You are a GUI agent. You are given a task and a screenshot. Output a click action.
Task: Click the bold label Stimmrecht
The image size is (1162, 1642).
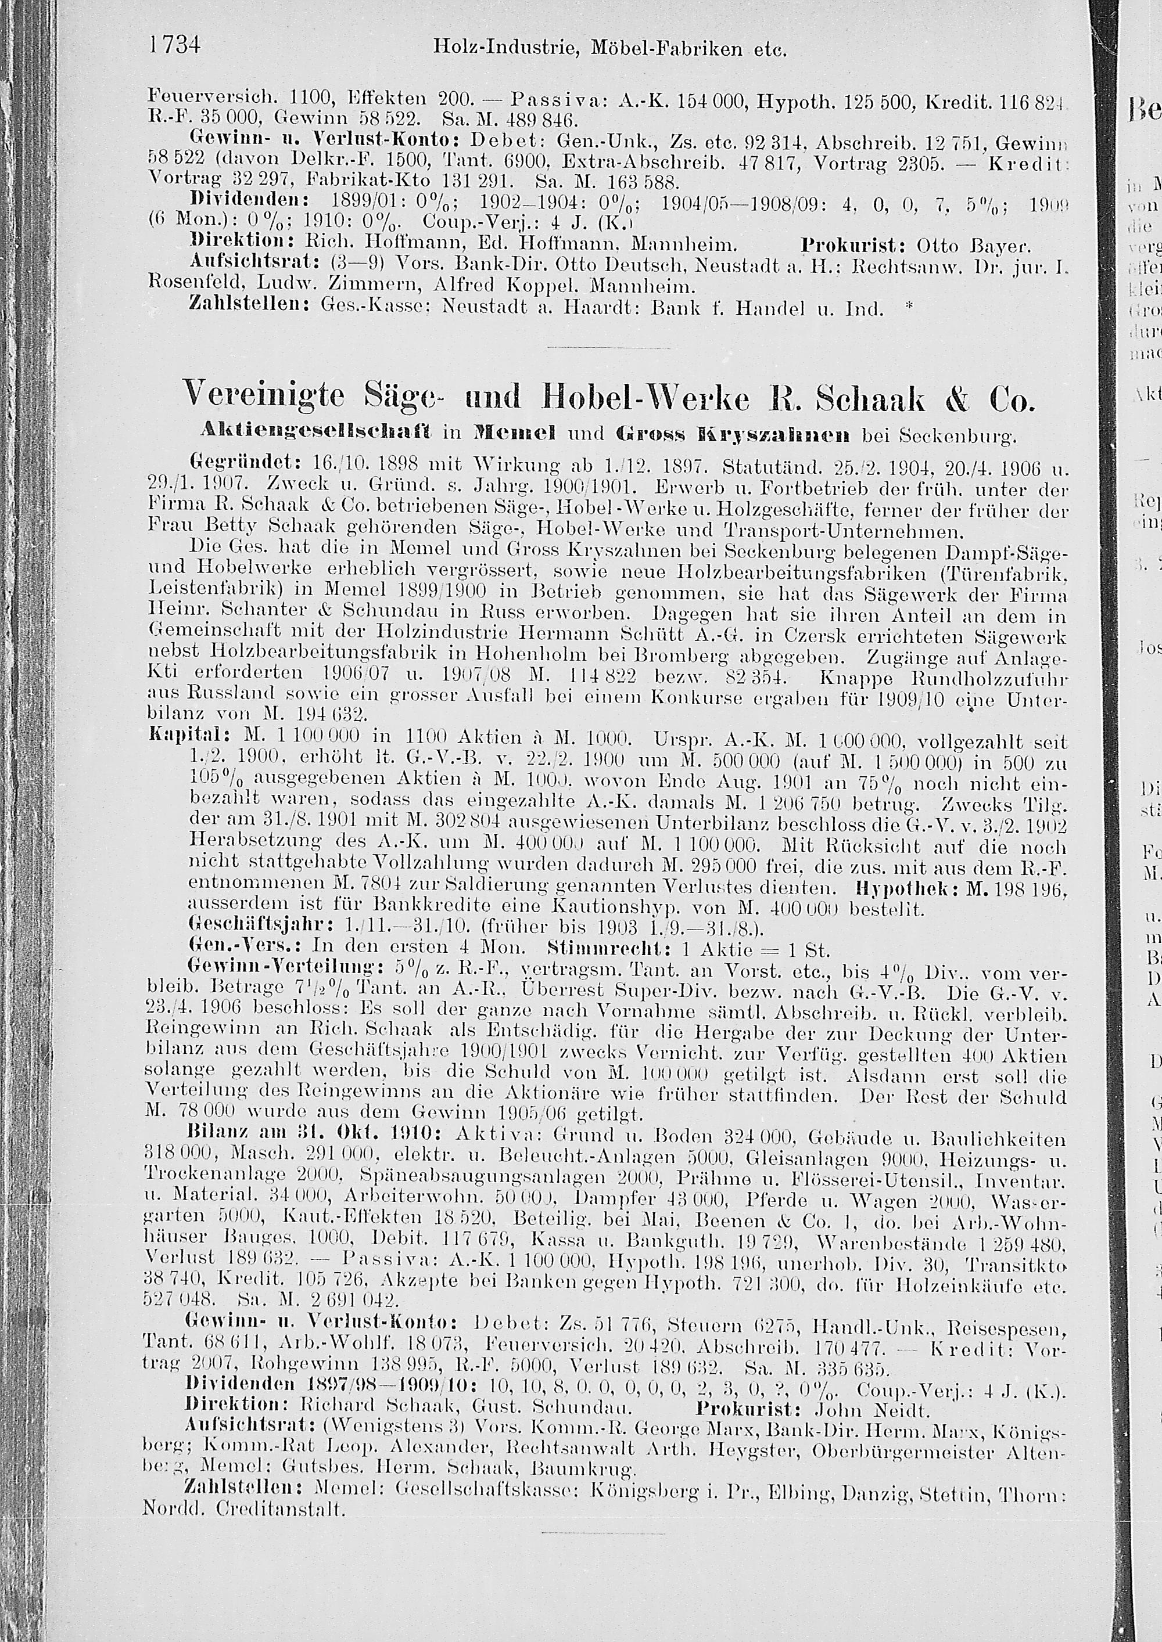(597, 950)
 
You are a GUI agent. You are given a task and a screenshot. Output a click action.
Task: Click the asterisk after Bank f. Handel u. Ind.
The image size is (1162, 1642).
(909, 308)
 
